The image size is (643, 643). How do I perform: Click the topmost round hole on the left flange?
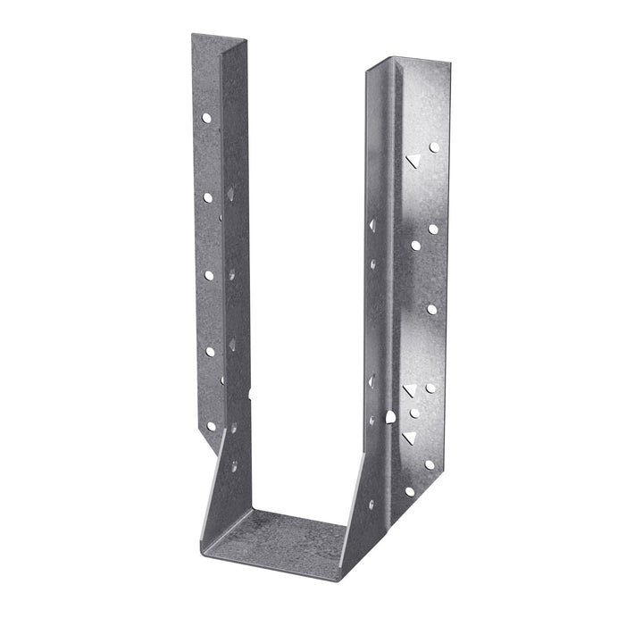coord(206,117)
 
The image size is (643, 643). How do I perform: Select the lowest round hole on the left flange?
coord(212,427)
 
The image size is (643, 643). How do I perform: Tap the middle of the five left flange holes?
coord(209,275)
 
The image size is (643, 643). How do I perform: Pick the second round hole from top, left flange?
coord(207,197)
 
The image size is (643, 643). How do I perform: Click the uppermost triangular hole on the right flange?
coord(413,161)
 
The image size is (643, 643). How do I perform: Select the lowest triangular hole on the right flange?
coord(409,438)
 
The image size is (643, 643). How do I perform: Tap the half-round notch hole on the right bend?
coord(390,416)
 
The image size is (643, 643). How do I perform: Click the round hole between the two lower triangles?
coord(414,413)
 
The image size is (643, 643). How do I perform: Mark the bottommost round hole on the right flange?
coord(410,491)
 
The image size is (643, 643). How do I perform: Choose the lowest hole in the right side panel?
coord(372,504)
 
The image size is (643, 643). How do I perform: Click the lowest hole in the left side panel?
coord(234,466)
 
